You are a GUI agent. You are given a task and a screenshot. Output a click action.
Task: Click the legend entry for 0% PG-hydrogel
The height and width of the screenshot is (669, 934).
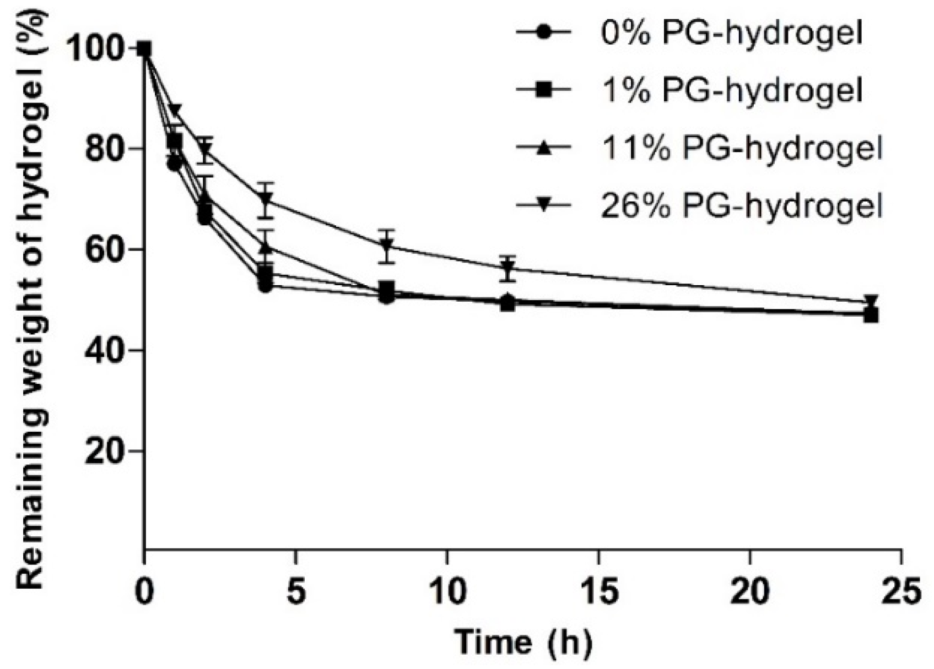[731, 34]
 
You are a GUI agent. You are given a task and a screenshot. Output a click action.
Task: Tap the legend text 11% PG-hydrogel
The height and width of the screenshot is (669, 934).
[741, 148]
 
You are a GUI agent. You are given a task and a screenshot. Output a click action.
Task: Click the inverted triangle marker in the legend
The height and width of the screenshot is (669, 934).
[544, 205]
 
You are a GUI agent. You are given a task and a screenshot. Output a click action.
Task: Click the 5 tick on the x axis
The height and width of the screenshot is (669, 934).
[296, 592]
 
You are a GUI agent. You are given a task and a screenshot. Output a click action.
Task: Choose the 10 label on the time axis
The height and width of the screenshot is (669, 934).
[447, 592]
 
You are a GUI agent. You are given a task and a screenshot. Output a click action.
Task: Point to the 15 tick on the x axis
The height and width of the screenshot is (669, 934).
[598, 592]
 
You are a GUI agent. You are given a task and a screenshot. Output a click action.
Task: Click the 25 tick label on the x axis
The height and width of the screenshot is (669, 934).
[901, 592]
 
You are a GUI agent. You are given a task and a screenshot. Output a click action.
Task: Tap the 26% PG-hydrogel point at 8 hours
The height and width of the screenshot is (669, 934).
[387, 245]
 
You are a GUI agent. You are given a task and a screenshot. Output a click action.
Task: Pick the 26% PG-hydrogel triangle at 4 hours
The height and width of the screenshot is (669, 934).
[266, 199]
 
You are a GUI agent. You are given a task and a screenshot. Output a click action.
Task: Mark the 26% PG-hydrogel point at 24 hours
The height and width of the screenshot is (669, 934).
[871, 301]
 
